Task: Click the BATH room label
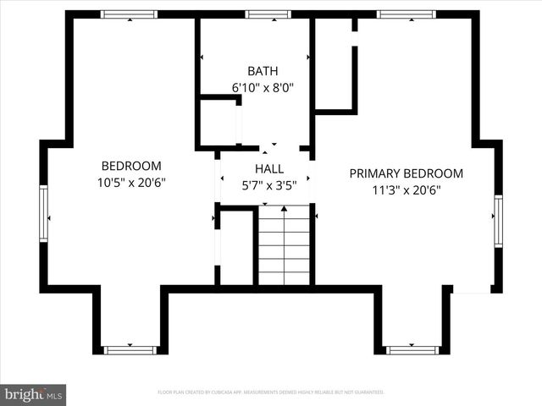tap(263, 71)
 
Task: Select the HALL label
tap(268, 169)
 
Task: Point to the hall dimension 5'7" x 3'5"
tap(268, 185)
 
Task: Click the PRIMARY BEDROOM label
tap(406, 173)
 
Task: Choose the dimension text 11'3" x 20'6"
tap(406, 190)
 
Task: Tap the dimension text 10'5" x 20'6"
tap(131, 182)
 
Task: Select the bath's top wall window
tap(268, 14)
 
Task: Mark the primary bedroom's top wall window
tap(406, 14)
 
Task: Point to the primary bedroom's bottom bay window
tap(412, 349)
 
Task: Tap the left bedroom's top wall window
tap(129, 14)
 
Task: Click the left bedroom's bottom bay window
tap(130, 349)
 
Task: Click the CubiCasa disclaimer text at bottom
tap(271, 392)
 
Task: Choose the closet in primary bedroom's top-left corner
tap(334, 63)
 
